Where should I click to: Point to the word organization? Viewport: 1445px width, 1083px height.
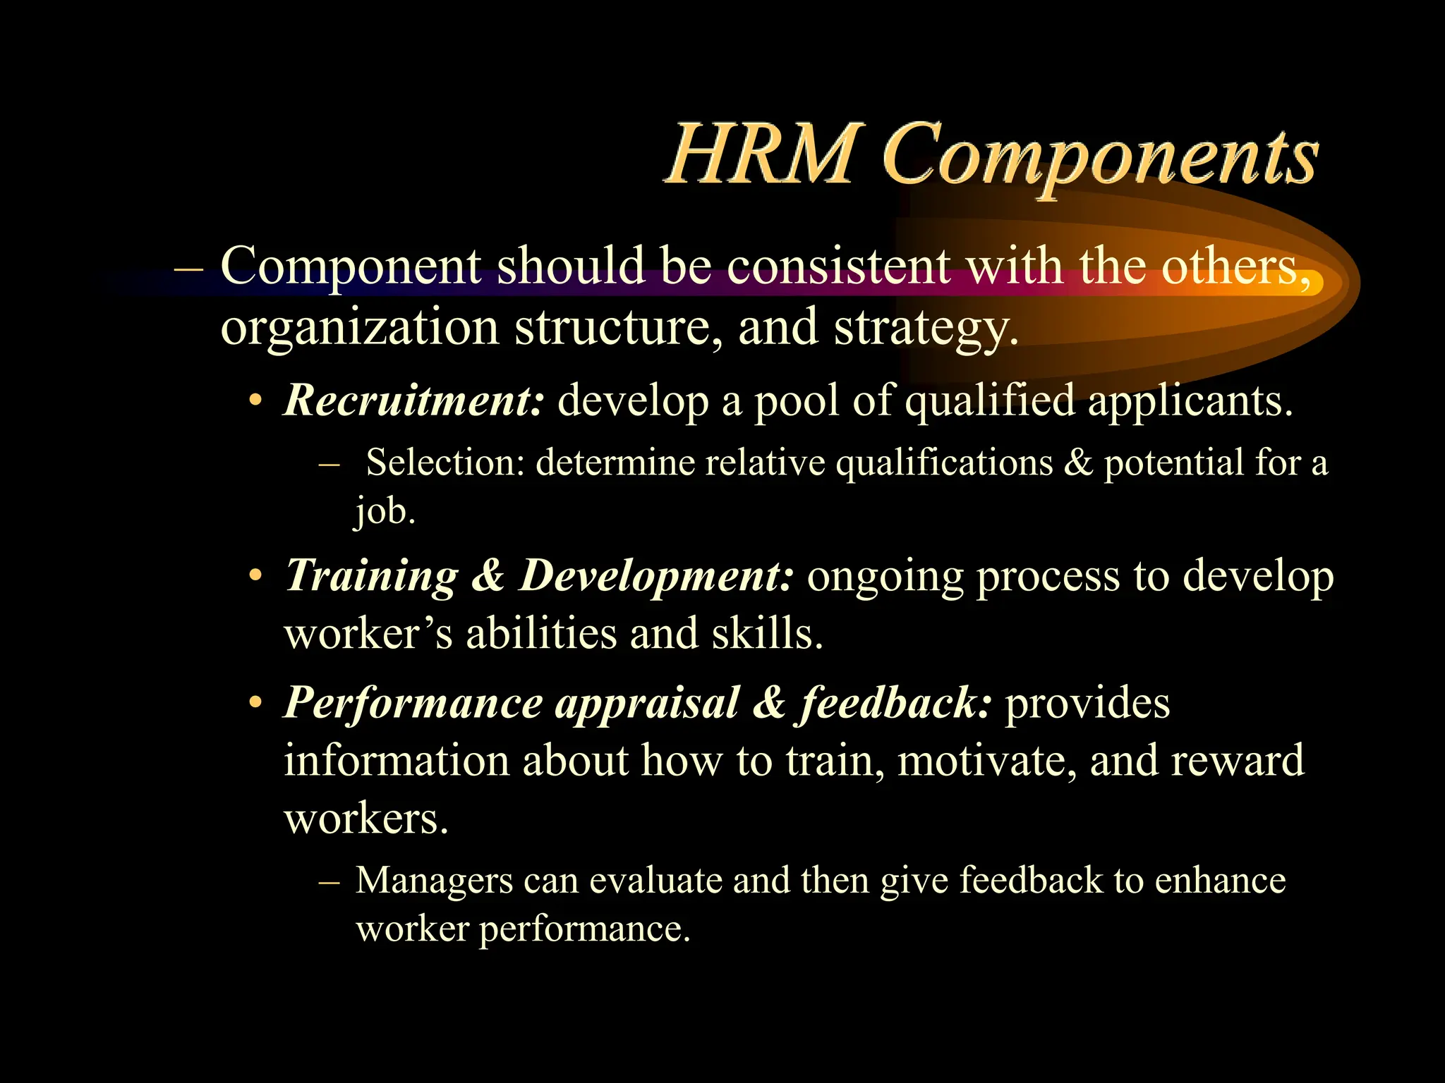360,328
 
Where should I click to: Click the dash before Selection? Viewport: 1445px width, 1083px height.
329,465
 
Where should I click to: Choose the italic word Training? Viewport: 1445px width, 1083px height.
372,576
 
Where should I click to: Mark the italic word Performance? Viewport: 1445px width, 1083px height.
413,704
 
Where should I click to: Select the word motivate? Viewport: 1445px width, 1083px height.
987,761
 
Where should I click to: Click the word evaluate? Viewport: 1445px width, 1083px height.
655,881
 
